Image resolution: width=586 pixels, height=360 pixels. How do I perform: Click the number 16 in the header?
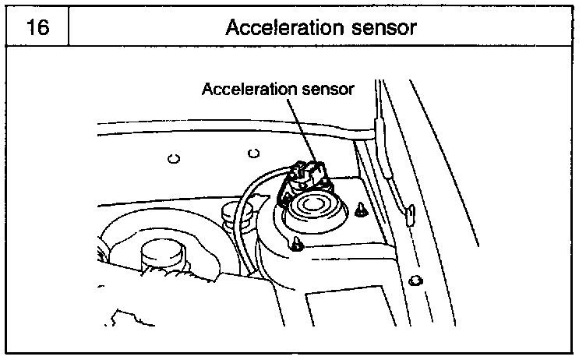37,27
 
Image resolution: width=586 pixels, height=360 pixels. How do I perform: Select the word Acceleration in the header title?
276,27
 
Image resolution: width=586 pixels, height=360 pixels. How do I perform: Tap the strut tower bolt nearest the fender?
362,209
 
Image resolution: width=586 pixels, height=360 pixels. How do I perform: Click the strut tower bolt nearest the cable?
298,245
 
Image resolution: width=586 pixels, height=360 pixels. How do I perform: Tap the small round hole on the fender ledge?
415,280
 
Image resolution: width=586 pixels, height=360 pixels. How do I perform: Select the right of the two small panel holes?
251,152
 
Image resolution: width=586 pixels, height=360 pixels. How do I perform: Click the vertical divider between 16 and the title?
69,27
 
